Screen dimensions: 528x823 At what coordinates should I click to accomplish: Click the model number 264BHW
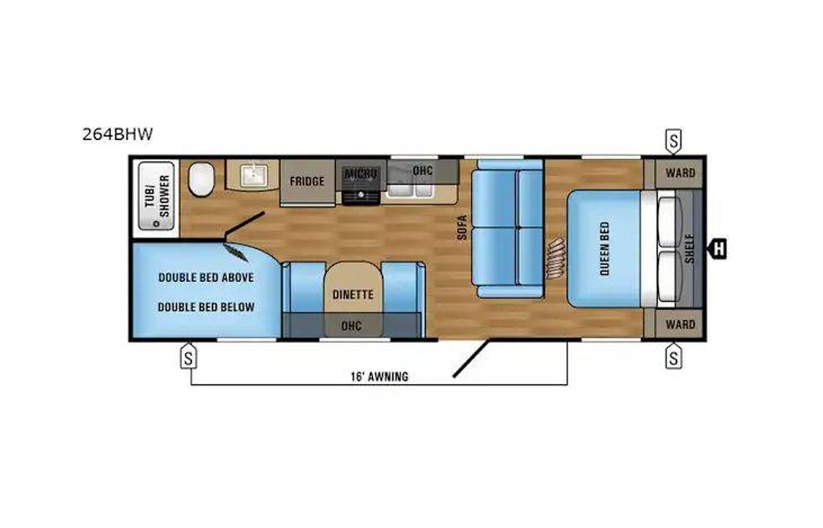tap(117, 134)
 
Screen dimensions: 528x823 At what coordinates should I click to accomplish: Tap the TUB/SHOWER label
tap(156, 195)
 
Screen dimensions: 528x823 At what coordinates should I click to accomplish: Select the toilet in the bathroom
tap(201, 179)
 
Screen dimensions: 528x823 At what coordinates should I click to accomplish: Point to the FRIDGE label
tap(307, 182)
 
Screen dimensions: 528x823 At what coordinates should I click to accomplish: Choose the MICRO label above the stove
tap(361, 173)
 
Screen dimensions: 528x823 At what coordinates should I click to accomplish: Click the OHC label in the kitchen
tap(422, 170)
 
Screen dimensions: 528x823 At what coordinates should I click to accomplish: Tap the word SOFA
tap(463, 227)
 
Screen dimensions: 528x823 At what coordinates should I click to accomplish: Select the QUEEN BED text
tap(604, 249)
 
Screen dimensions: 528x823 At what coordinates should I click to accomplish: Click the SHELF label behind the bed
tap(689, 248)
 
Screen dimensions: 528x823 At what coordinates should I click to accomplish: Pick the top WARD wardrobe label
tap(680, 173)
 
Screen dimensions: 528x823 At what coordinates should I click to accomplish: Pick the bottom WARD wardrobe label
tap(680, 324)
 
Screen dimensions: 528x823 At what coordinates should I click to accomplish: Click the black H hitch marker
tap(718, 249)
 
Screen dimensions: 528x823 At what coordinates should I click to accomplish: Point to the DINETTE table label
tap(353, 295)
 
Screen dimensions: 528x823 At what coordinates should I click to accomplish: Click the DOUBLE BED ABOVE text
tap(206, 278)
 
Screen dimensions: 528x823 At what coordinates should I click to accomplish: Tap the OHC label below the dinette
tap(351, 325)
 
